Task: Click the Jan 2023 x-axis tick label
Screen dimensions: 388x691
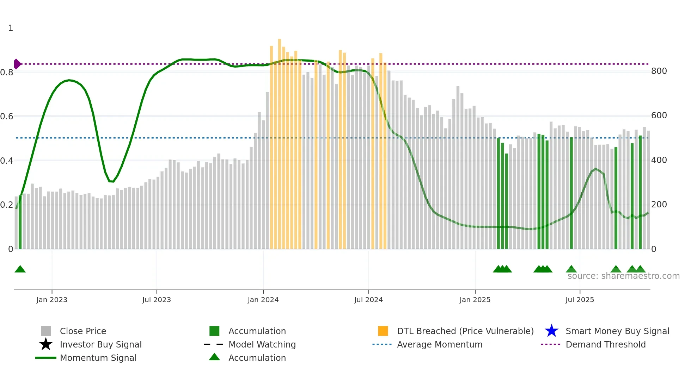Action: [51, 300]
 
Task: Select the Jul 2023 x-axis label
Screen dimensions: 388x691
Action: [157, 300]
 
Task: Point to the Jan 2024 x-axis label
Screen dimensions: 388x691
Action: [263, 300]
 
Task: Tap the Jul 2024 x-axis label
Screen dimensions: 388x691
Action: [368, 300]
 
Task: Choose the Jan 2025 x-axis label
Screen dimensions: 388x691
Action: [475, 300]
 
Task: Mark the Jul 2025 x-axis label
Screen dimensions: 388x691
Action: [580, 300]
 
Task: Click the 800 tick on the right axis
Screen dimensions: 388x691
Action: [659, 71]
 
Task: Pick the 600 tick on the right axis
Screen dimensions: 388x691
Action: [659, 115]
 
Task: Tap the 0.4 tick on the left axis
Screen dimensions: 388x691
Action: [7, 161]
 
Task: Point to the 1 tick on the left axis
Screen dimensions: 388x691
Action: [11, 28]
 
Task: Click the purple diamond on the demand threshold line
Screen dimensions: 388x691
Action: [17, 64]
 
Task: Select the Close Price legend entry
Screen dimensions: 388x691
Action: [83, 331]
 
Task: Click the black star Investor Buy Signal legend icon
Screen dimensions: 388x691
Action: [46, 344]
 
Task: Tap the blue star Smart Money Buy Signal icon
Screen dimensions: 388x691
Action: [551, 331]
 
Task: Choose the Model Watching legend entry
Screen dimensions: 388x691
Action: [262, 344]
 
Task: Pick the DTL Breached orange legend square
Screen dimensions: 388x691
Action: [383, 331]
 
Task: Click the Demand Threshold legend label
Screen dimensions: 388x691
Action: [606, 344]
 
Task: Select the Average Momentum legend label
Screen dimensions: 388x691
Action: [440, 344]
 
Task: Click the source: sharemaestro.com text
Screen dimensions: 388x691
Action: [623, 276]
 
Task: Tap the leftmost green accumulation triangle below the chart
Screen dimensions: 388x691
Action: [20, 269]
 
